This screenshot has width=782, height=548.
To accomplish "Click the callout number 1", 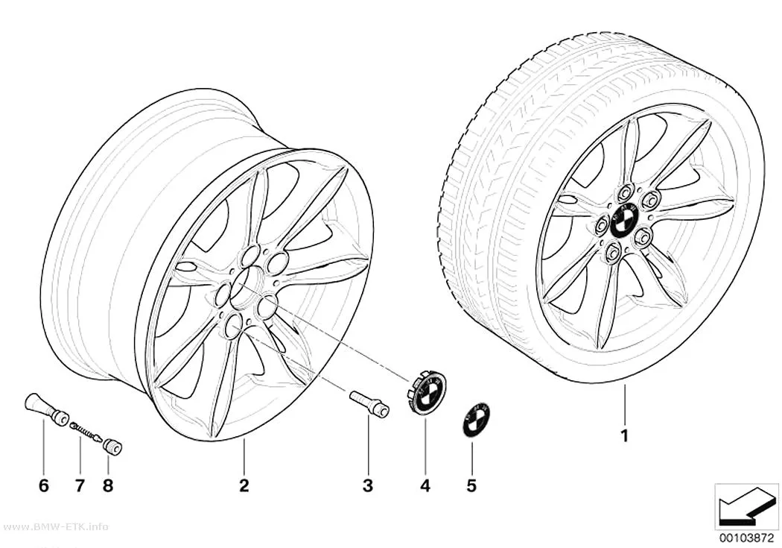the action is pos(624,435).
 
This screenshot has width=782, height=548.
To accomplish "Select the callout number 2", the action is pos(244,485).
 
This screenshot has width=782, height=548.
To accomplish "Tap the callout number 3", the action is pos(368,485).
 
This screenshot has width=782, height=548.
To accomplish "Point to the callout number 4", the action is pos(425,485).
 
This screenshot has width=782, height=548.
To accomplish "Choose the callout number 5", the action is pos(471,485).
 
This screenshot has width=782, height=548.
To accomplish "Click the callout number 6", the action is pos(44,485).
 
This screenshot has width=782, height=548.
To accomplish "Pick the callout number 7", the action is pos(80,485).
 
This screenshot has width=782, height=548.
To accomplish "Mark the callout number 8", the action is pos(108,485).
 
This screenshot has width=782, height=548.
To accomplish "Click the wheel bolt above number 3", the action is pos(370,401).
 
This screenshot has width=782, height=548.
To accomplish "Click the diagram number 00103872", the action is pos(746,538).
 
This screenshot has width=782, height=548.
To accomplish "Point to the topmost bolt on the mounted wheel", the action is pos(626,193).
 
